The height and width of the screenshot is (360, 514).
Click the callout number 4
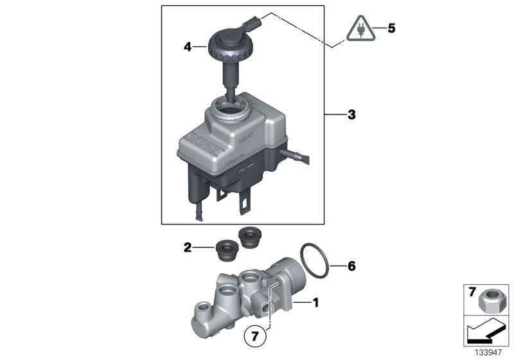pyautogui.click(x=187, y=47)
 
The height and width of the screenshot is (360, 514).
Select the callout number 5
pyautogui.click(x=391, y=28)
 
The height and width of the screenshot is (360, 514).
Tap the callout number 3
pyautogui.click(x=351, y=116)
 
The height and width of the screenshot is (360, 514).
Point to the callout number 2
pyautogui.click(x=187, y=246)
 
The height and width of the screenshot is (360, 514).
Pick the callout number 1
pyautogui.click(x=315, y=301)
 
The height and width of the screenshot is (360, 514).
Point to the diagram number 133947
pyautogui.click(x=488, y=352)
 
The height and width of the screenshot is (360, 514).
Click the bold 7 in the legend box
pyautogui.click(x=472, y=292)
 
